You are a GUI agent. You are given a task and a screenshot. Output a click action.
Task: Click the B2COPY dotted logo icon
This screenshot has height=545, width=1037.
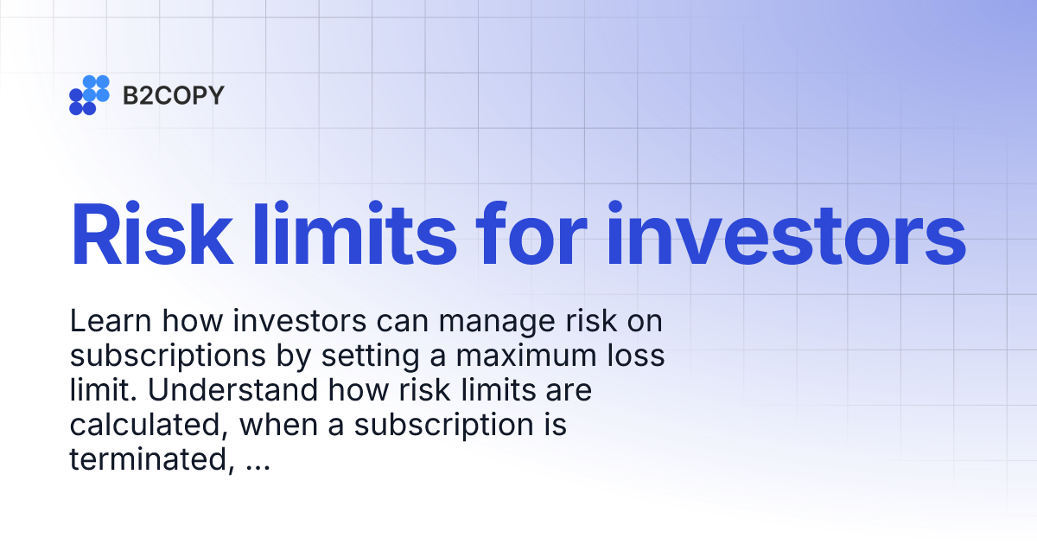click(89, 95)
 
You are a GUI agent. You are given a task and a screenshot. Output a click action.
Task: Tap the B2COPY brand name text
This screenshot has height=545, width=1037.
click(173, 95)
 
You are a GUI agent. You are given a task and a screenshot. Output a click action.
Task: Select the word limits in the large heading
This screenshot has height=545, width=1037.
click(350, 234)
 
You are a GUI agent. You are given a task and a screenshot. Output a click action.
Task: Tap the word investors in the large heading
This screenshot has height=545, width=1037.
click(785, 234)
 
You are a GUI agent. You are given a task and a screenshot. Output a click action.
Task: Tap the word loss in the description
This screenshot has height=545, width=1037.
click(634, 356)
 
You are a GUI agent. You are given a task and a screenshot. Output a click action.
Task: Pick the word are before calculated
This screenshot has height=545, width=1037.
click(567, 391)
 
